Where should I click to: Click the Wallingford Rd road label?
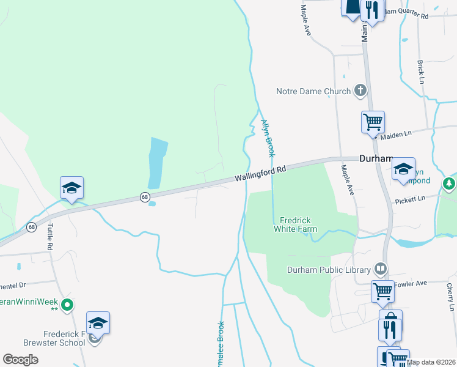point(261,174)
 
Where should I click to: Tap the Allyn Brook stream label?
point(268,136)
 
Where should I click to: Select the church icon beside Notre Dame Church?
point(360,91)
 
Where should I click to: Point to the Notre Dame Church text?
point(313,92)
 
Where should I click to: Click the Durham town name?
point(375,157)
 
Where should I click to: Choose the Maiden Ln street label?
point(397,134)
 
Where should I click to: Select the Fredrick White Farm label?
point(299,224)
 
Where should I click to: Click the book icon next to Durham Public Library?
point(380,269)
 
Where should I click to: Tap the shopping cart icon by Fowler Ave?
point(383,291)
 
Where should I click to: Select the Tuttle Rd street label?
point(49,236)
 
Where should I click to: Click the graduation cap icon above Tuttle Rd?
point(71,187)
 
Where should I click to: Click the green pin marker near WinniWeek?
point(69,303)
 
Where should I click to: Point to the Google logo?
point(21,360)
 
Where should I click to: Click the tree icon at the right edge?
point(450,183)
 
